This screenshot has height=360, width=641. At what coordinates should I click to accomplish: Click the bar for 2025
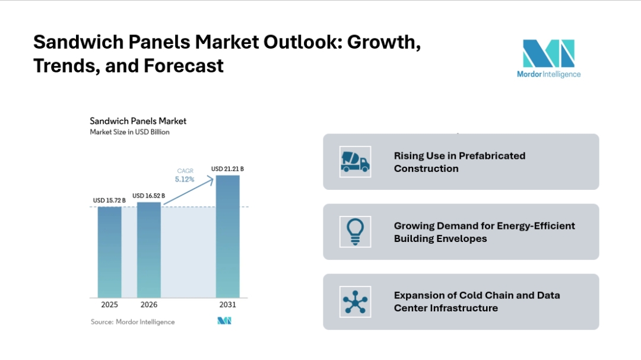[x=109, y=251]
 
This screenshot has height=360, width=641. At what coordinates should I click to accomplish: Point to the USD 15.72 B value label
[x=109, y=200]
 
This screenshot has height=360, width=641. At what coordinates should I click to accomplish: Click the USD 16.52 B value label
[x=148, y=196]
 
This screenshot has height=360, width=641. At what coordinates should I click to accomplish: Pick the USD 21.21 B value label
[x=227, y=169]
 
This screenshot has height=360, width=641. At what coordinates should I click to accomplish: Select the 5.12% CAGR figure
[x=184, y=179]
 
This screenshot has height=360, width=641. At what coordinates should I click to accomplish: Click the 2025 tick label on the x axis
[x=109, y=305]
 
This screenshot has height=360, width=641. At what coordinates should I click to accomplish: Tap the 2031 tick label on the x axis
[x=227, y=305]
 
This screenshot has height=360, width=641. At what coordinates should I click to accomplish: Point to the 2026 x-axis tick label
[x=148, y=305]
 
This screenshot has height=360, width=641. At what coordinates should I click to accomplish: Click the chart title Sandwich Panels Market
[x=138, y=121]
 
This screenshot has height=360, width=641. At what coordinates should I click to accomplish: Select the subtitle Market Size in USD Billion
[x=129, y=132]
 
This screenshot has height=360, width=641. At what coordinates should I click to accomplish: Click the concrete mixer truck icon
[x=355, y=162]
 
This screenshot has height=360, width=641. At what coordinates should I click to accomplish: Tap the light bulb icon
[x=355, y=231]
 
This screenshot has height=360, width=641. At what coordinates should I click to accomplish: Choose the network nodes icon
[x=355, y=301]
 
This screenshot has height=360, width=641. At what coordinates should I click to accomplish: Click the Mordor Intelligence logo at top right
[x=548, y=58]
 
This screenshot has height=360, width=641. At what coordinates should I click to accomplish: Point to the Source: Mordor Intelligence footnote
[x=132, y=322]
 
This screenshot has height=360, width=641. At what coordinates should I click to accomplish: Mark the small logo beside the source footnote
[x=224, y=321]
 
